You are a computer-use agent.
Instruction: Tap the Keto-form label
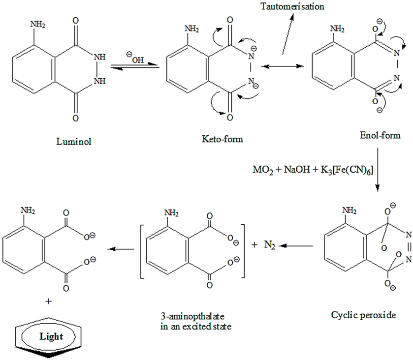coord(222,139)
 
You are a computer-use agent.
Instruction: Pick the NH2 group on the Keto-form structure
coord(192,29)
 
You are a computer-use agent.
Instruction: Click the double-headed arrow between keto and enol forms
coord(282,66)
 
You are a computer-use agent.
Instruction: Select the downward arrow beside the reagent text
coord(377,178)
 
